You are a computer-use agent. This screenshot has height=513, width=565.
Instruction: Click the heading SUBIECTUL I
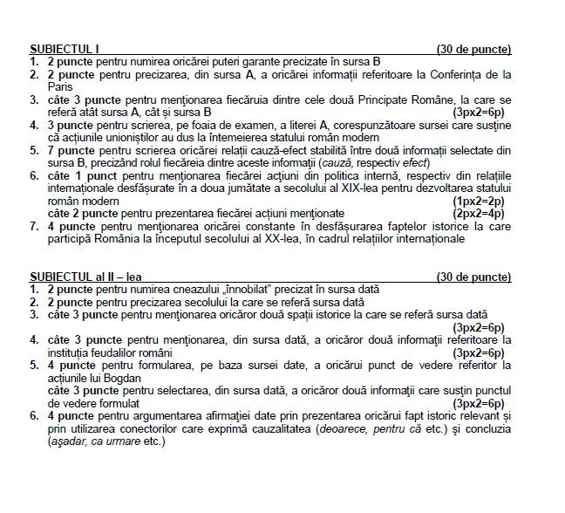(x=65, y=49)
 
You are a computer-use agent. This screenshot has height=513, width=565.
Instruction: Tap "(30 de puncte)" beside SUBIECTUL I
(x=473, y=49)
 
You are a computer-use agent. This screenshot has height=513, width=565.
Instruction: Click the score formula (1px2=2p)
(x=479, y=201)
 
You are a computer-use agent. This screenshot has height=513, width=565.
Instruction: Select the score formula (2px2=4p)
(x=479, y=213)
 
